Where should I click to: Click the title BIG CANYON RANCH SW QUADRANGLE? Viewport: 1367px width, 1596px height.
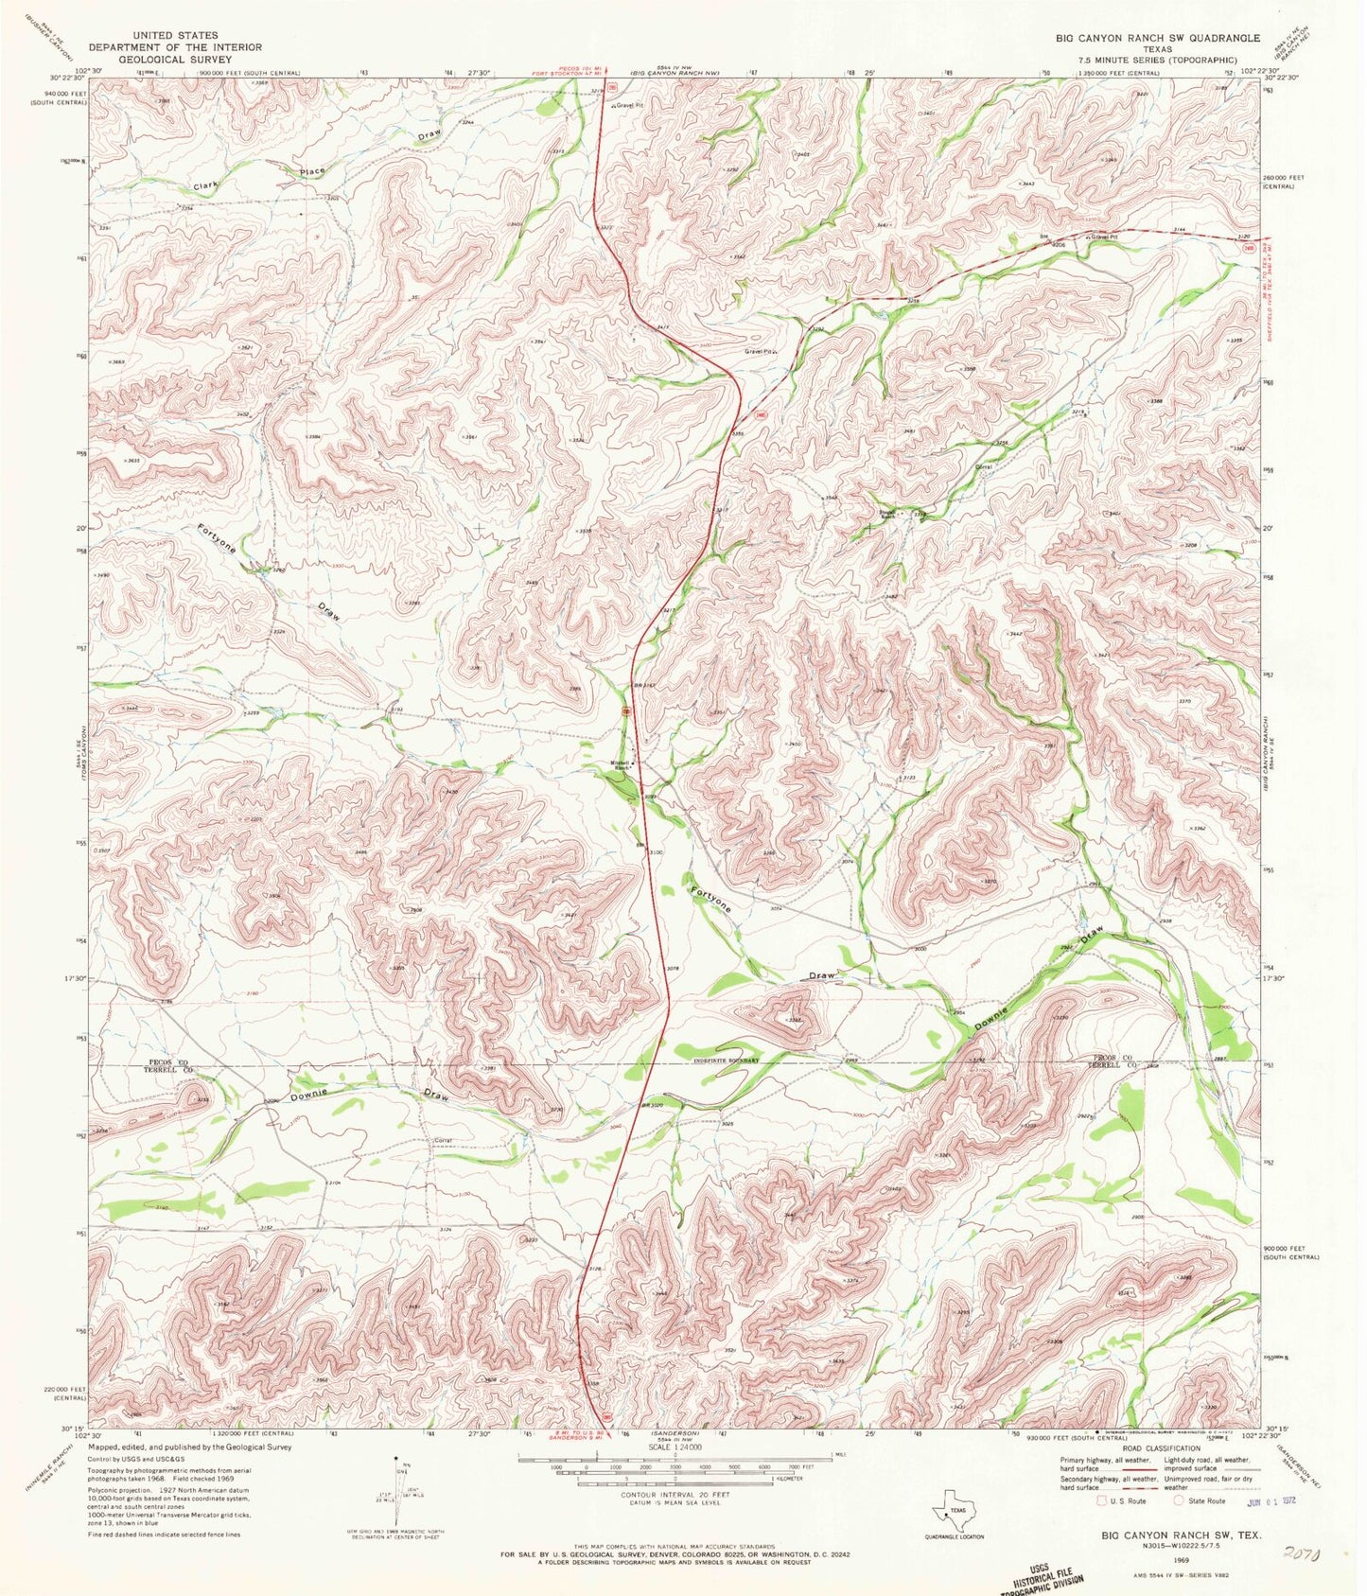click(x=1158, y=38)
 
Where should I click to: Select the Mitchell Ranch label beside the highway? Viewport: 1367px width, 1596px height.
click(x=620, y=766)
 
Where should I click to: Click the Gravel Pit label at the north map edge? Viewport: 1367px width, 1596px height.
click(x=628, y=106)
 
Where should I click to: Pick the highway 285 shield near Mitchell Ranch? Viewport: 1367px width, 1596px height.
click(x=627, y=710)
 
